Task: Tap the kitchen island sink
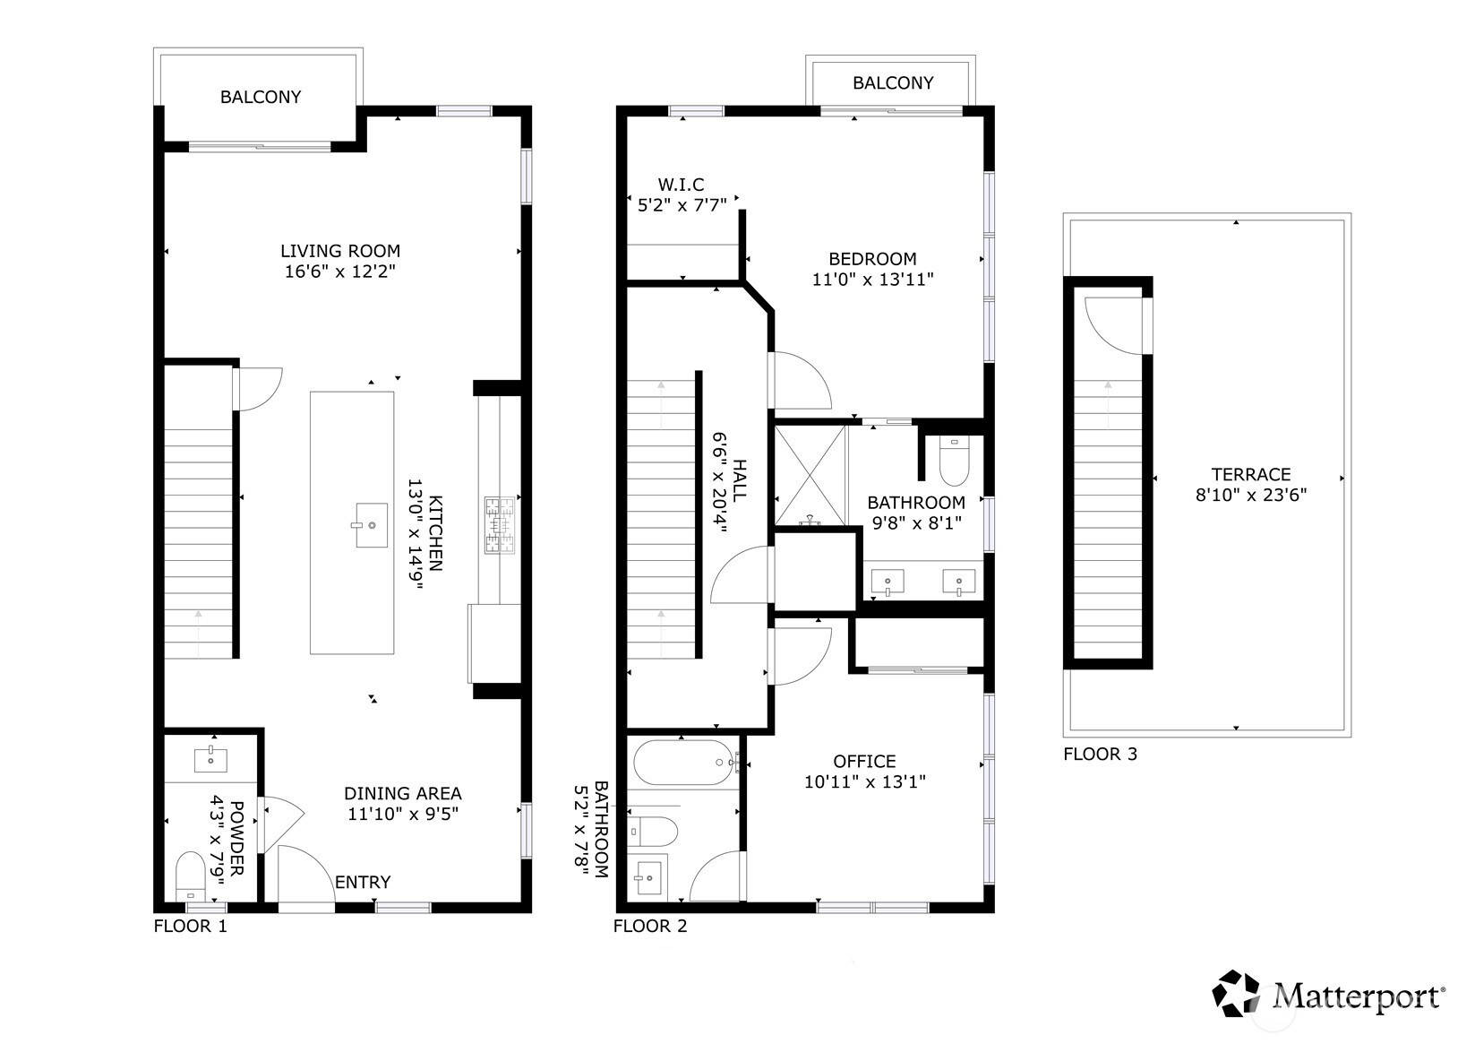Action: point(371,524)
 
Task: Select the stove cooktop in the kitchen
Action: point(500,525)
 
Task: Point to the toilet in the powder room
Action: point(191,876)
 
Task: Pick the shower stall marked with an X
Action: point(810,476)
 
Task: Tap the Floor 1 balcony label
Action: point(261,97)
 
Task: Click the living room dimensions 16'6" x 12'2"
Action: point(339,272)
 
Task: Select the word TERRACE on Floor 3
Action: point(1251,475)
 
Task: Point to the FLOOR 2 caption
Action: point(650,926)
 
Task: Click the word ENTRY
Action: point(363,882)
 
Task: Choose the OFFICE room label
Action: point(864,761)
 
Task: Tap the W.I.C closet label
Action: point(681,185)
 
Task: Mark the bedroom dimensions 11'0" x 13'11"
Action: point(872,280)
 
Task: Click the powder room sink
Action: point(210,760)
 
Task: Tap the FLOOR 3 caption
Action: point(1101,754)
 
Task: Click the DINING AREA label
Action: point(403,793)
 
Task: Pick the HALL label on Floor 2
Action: point(740,480)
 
